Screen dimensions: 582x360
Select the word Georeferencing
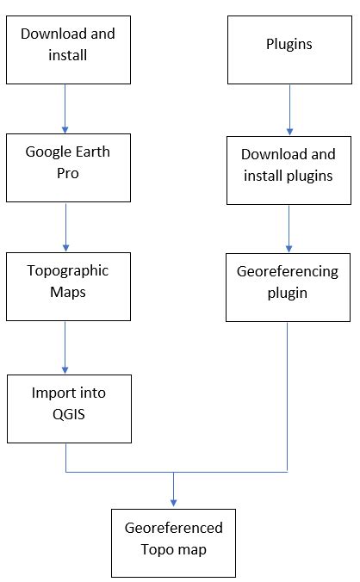pos(288,271)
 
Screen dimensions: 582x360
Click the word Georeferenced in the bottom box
pos(173,528)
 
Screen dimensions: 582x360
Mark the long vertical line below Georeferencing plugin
pos(288,396)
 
